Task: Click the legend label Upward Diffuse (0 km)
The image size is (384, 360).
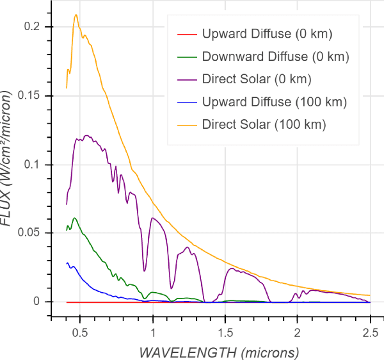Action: coord(267,34)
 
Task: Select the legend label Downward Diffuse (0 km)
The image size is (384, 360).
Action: coord(275,57)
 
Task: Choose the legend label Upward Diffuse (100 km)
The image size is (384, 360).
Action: coord(274,102)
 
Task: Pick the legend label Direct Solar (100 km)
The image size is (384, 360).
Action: coord(264,124)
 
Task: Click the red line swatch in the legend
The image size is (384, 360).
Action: coord(185,34)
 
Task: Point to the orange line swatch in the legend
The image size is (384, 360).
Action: coord(185,124)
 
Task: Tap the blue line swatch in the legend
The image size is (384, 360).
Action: coord(185,102)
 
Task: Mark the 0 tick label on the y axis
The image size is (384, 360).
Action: coord(37,302)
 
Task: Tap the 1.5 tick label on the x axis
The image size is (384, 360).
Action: coord(225,333)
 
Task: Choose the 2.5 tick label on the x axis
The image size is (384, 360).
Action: coord(369,333)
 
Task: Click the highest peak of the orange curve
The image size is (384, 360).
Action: coord(76,15)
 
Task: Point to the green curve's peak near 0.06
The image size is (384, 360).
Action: coord(75,218)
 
